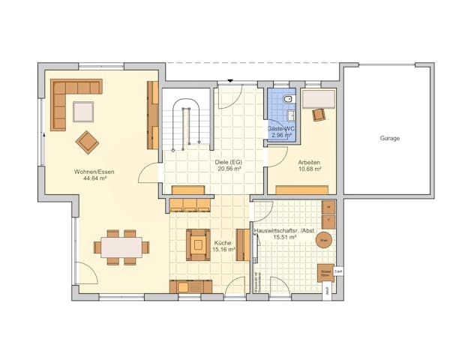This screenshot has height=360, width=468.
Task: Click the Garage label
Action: click(389, 138)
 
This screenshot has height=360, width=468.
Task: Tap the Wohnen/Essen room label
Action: click(94, 172)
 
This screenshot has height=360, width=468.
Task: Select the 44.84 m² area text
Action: click(94, 179)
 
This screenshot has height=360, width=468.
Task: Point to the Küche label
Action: click(222, 244)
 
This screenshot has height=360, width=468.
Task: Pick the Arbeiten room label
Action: click(309, 162)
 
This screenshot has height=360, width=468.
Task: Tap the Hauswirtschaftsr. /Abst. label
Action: click(286, 231)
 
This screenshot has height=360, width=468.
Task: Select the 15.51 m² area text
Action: click(286, 238)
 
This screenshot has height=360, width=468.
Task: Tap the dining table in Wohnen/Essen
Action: click(121, 247)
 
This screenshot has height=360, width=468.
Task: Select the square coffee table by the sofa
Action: click(83, 111)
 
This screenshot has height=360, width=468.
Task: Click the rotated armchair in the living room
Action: click(87, 141)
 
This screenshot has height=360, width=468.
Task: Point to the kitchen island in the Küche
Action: click(198, 244)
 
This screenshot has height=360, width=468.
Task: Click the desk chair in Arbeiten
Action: click(319, 114)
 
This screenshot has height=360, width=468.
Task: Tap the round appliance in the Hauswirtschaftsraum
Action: click(323, 240)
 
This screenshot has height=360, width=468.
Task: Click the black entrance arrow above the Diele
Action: click(230, 80)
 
